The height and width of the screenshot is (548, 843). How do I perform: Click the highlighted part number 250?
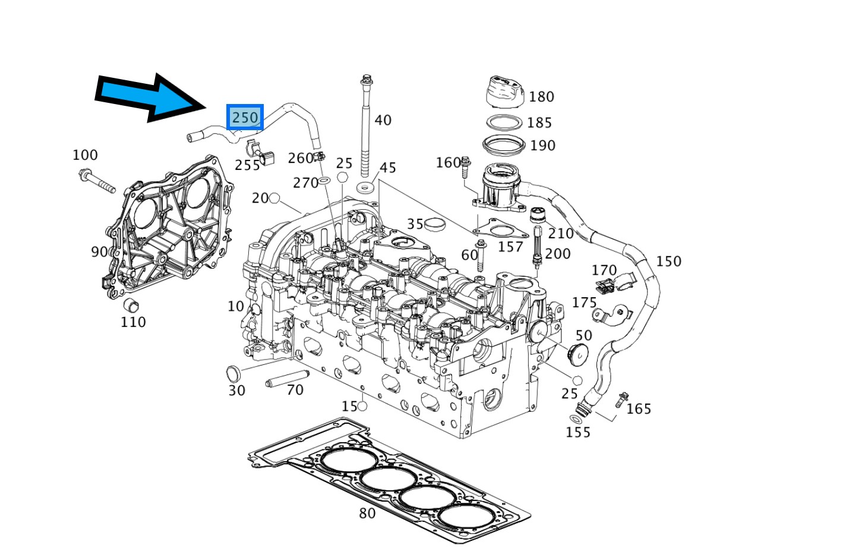245,117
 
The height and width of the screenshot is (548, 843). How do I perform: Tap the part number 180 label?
541,97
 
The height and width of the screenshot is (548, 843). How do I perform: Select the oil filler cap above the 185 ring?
504,92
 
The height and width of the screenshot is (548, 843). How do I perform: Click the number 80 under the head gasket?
367,513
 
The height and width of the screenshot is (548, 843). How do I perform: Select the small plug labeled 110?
130,306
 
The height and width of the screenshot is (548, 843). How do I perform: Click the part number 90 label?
99,252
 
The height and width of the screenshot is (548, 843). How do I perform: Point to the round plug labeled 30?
233,374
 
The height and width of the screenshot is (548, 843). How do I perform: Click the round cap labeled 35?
436,225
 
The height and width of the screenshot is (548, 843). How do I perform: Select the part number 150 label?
668,262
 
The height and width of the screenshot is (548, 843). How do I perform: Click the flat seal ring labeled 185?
504,122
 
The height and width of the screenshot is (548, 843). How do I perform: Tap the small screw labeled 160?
465,168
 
